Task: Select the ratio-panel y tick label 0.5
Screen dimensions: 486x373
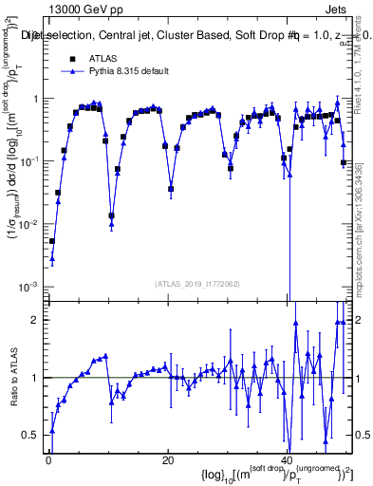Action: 33,435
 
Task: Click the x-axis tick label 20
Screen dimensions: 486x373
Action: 167,461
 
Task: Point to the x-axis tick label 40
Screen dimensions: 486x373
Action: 287,461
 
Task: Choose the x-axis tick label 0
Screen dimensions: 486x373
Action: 47,461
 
